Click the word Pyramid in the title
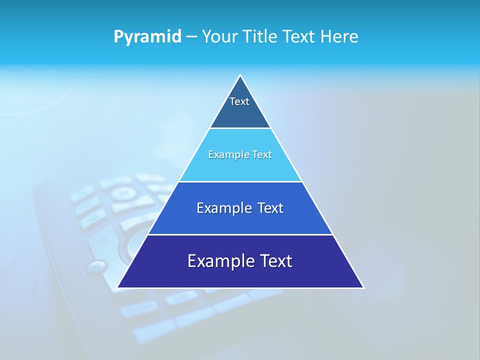pyautogui.click(x=147, y=37)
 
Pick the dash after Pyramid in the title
pyautogui.click(x=191, y=37)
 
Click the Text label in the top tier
pyautogui.click(x=239, y=101)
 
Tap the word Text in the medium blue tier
pyautogui.click(x=270, y=208)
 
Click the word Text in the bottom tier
pyautogui.click(x=277, y=261)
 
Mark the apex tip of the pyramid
pyautogui.click(x=240, y=75)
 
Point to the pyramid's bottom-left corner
pyautogui.click(x=118, y=287)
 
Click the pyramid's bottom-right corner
pyautogui.click(x=363, y=287)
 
